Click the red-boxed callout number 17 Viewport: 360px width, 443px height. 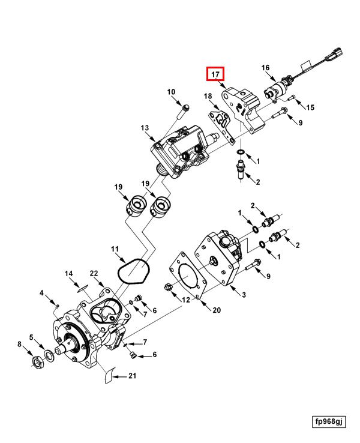click(x=215, y=74)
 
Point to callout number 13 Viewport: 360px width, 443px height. click(x=145, y=128)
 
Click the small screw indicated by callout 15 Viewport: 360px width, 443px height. click(x=293, y=97)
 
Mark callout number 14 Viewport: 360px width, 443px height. click(x=69, y=274)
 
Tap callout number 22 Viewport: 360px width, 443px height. click(x=94, y=274)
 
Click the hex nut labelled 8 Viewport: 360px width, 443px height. click(x=37, y=361)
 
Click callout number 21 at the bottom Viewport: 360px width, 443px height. click(x=133, y=376)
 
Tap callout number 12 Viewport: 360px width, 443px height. click(x=185, y=300)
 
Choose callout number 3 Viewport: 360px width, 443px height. click(x=244, y=294)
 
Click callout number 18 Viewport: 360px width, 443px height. click(x=208, y=96)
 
